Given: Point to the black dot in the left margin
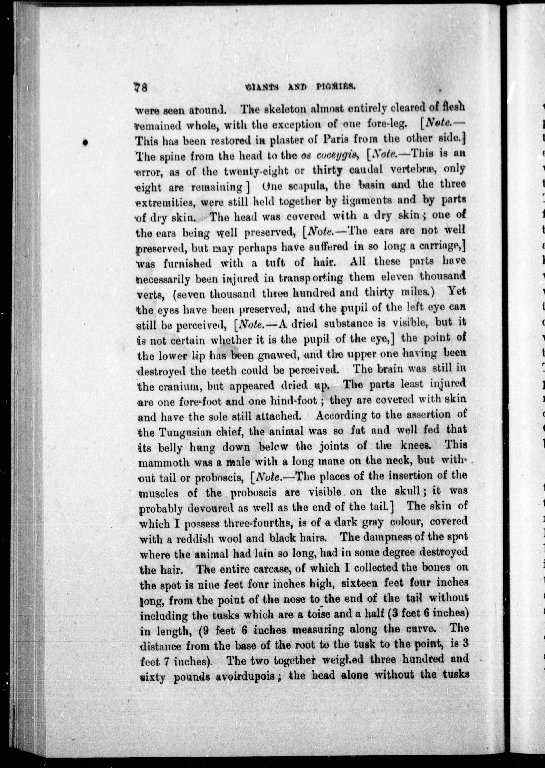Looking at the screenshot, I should click(x=86, y=143).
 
